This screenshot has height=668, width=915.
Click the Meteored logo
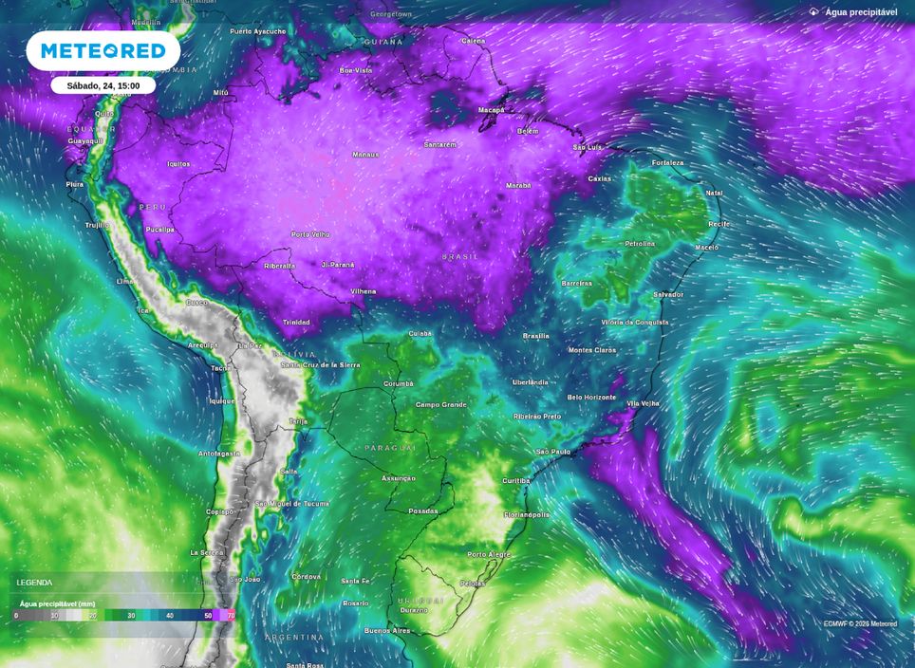pos(103,50)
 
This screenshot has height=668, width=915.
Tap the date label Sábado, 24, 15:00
pos(103,85)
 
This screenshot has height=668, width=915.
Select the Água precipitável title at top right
pos(860,12)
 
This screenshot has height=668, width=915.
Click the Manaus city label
pos(365,155)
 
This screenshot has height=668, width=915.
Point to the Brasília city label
pos(535,336)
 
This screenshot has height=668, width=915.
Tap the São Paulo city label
pos(553,452)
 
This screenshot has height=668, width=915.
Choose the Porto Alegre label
pos(489,554)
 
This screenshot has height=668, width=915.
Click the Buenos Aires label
pos(387,630)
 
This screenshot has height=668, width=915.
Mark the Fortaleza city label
pos(667,163)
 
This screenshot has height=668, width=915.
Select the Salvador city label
pos(667,294)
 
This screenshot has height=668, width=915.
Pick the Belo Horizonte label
pos(591,397)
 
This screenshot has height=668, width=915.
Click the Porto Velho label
pos(310,234)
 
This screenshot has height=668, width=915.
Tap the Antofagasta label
pos(219,454)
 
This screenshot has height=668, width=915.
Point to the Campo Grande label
pos(441,405)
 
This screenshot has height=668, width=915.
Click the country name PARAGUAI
pos(390,447)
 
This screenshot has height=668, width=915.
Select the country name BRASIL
pos(460,256)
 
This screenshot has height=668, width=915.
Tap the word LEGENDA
pos(34,583)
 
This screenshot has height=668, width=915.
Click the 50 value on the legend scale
pos(208,616)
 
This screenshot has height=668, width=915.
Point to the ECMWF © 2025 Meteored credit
pos(860,623)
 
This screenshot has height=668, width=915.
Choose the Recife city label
pos(719,224)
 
